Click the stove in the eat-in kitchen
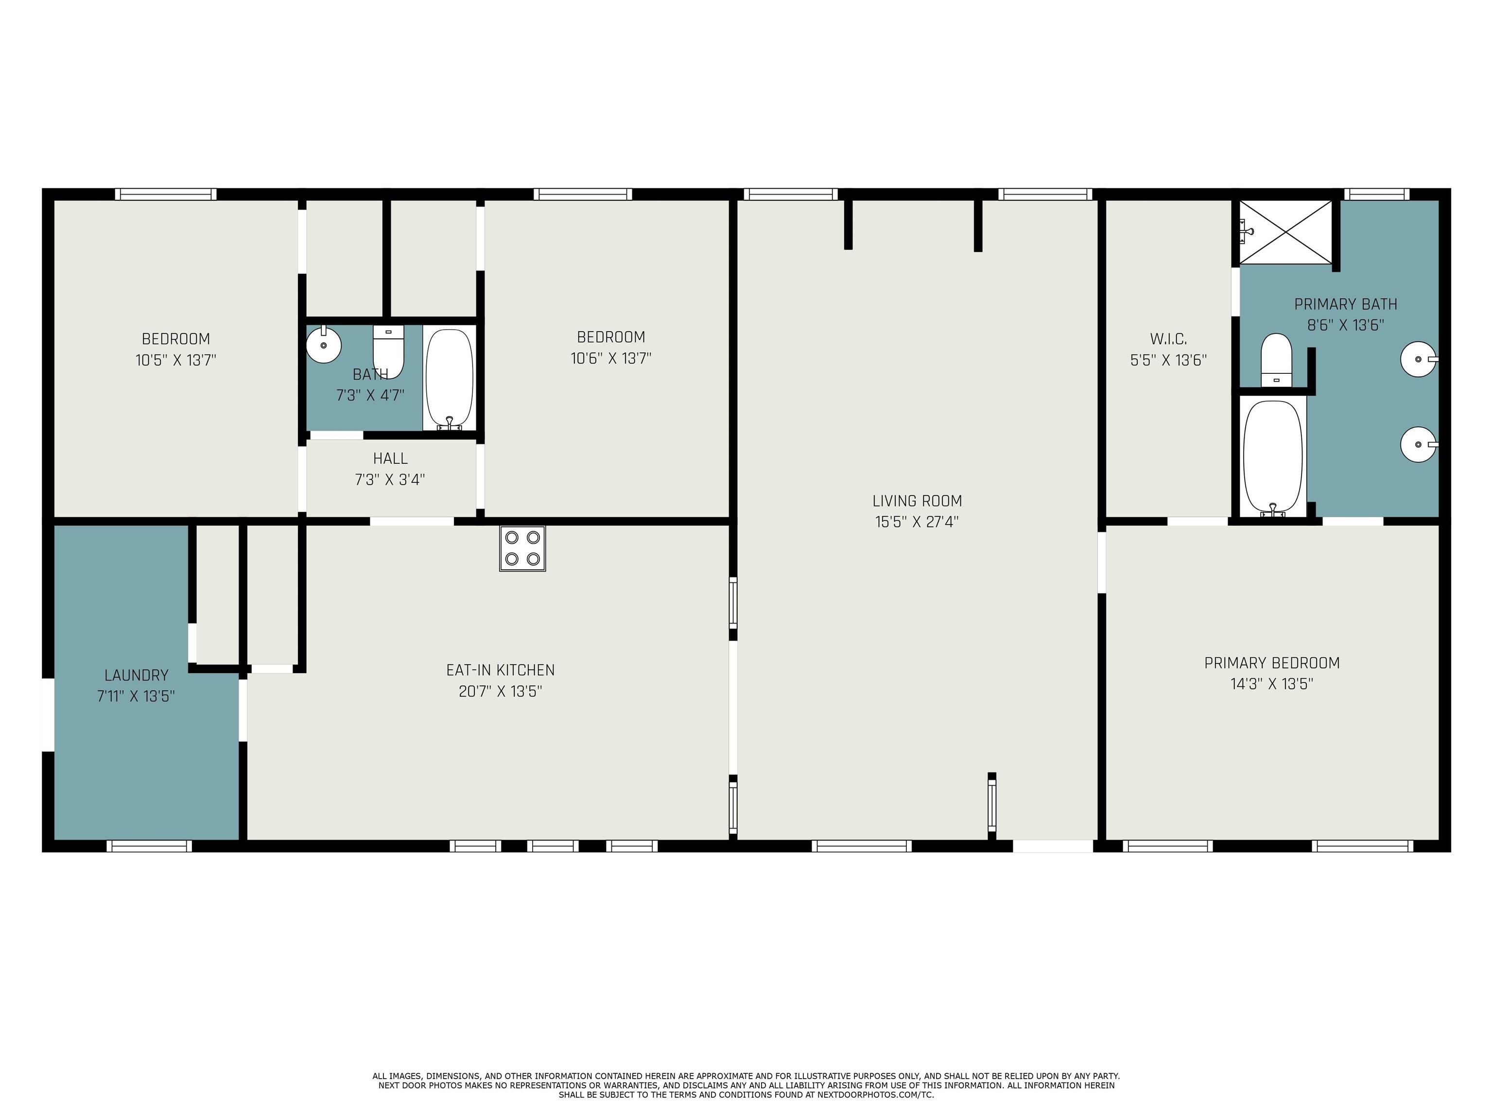pos(522,548)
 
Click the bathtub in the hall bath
pos(450,379)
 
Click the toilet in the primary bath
pos(1276,360)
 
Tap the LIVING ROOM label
pos(917,501)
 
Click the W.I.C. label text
pos(1168,339)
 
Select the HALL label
pos(390,458)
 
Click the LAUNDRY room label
pos(137,675)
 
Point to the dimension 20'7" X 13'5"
pos(500,691)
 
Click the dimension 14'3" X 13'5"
pos(1271,684)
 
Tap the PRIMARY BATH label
pos(1345,304)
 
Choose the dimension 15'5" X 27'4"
pos(917,522)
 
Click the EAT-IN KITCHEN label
pos(500,670)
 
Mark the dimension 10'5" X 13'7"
pos(175,360)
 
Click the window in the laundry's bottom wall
pos(149,846)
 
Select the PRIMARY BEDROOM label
pos(1271,663)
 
